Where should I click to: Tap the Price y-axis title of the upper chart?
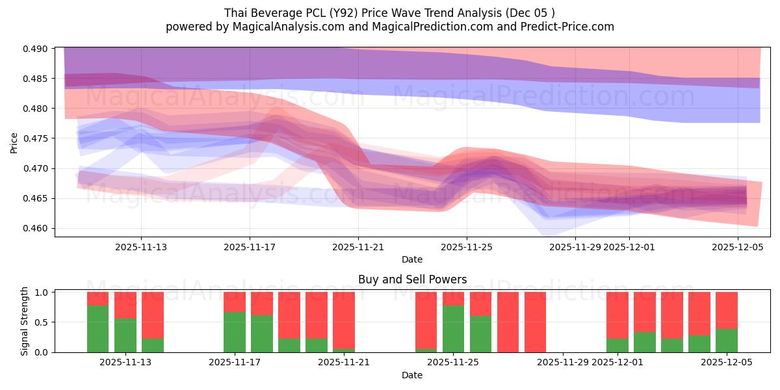click(14, 144)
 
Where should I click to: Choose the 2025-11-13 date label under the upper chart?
click(141, 247)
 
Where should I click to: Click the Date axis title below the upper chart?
click(412, 259)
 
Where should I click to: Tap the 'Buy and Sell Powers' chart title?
click(412, 280)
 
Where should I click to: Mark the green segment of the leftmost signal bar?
click(97, 329)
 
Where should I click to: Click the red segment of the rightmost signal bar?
click(727, 310)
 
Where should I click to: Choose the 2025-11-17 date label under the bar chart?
click(235, 363)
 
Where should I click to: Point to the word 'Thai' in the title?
click(236, 13)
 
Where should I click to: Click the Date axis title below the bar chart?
click(412, 375)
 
